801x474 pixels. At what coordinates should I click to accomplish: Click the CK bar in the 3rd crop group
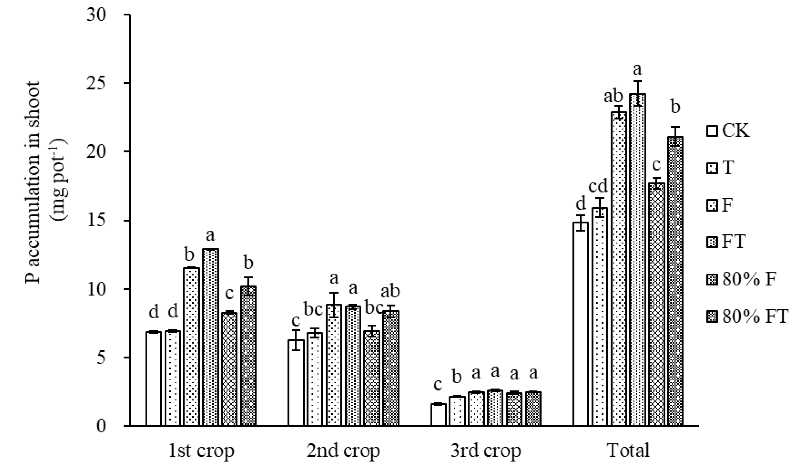[x=438, y=415]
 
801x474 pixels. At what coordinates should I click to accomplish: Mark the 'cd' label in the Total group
[x=598, y=186]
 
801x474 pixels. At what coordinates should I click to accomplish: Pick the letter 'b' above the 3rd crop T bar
[x=457, y=377]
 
